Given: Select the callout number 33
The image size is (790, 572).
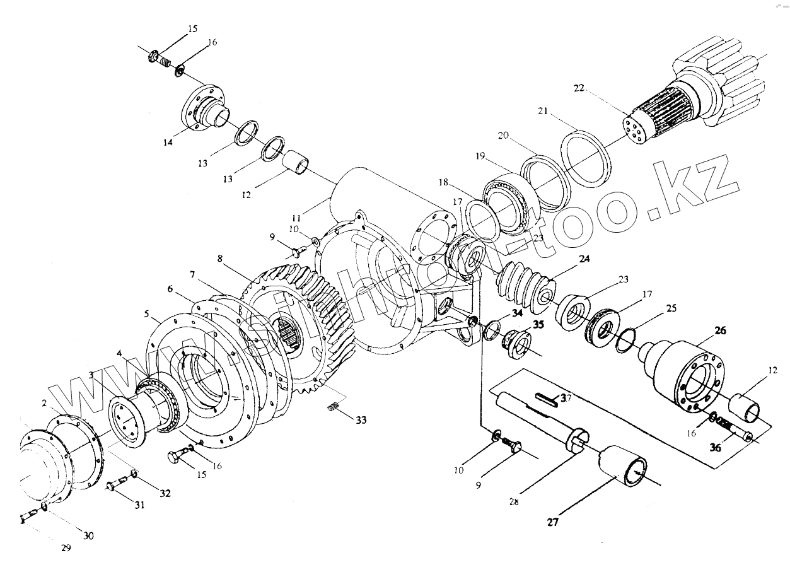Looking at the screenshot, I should pyautogui.click(x=361, y=419).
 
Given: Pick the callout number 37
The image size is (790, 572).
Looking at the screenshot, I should pyautogui.click(x=566, y=397).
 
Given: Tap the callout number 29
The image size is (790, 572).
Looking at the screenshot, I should pyautogui.click(x=66, y=548).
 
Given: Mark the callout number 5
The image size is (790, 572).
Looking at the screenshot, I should pyautogui.click(x=147, y=313).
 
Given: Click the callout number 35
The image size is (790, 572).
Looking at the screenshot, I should pyautogui.click(x=538, y=325).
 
